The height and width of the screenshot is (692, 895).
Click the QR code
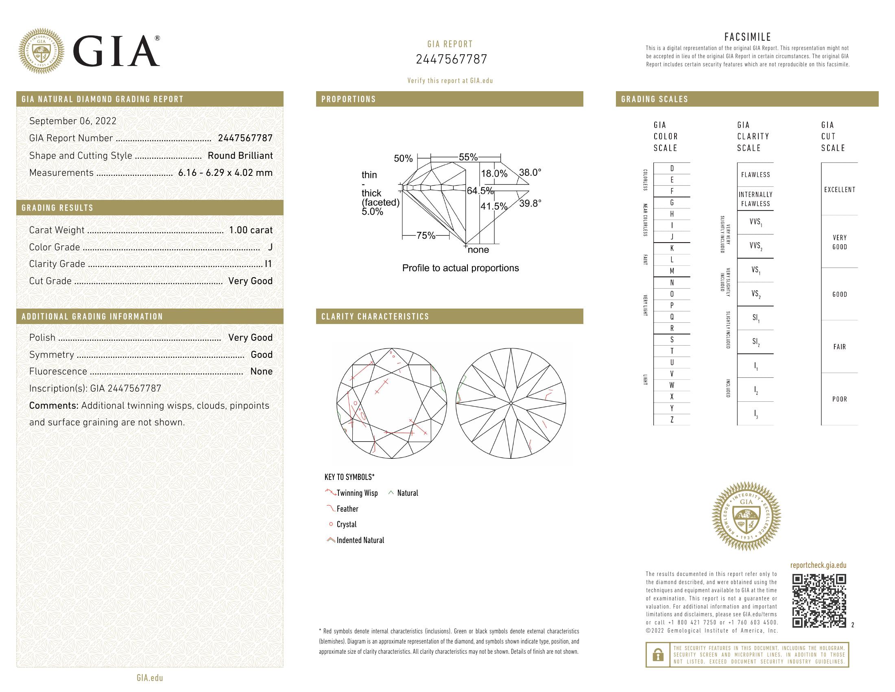coord(819,600)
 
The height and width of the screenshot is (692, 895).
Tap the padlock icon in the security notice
coord(658,654)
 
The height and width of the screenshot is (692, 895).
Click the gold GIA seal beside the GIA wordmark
coord(41,51)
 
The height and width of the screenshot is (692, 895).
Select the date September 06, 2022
coord(73,121)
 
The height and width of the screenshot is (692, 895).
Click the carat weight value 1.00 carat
coord(250,230)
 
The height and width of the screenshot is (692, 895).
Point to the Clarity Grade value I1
coord(268,264)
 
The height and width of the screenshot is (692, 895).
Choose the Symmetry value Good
coord(262,355)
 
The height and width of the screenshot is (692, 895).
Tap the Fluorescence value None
coord(261,371)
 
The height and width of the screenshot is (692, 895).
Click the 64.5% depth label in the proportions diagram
coord(480,191)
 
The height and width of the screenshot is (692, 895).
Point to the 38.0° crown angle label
coord(530,173)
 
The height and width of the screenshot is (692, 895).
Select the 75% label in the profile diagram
coord(426,235)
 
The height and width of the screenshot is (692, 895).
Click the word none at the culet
coord(478,250)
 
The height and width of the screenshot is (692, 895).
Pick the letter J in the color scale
coord(672,237)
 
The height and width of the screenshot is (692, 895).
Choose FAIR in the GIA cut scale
coord(839,347)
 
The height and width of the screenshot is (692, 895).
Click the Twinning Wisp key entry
coord(356,493)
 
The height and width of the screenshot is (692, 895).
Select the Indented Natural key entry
coord(360,540)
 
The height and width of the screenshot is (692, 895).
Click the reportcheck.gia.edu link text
coord(818,565)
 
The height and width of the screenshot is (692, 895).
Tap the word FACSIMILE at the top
coord(747,37)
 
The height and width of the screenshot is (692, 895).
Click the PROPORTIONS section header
coord(348,99)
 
